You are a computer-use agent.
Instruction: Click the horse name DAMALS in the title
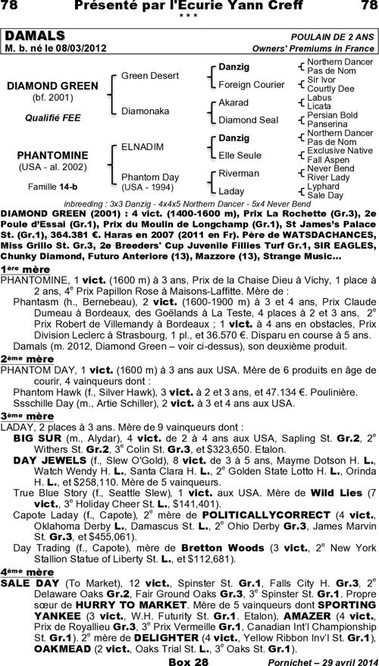(36, 37)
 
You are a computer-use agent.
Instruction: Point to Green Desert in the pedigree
(150, 76)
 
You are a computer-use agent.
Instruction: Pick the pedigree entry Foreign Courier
(246, 84)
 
